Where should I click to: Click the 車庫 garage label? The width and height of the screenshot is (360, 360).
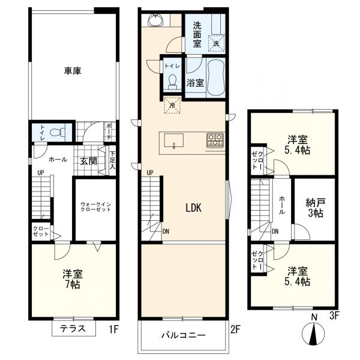[73, 71]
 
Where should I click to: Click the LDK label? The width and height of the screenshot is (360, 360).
[193, 208]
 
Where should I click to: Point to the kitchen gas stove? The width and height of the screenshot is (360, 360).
[215, 140]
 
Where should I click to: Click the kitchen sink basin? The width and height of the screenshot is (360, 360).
[175, 142]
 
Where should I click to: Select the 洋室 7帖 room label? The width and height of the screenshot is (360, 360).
[73, 278]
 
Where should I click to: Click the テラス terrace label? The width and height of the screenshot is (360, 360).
[74, 329]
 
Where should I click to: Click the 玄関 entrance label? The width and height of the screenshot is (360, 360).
[89, 160]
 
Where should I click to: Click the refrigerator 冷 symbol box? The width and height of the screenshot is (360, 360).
[173, 106]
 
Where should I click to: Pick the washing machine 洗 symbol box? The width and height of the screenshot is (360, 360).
[215, 44]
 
